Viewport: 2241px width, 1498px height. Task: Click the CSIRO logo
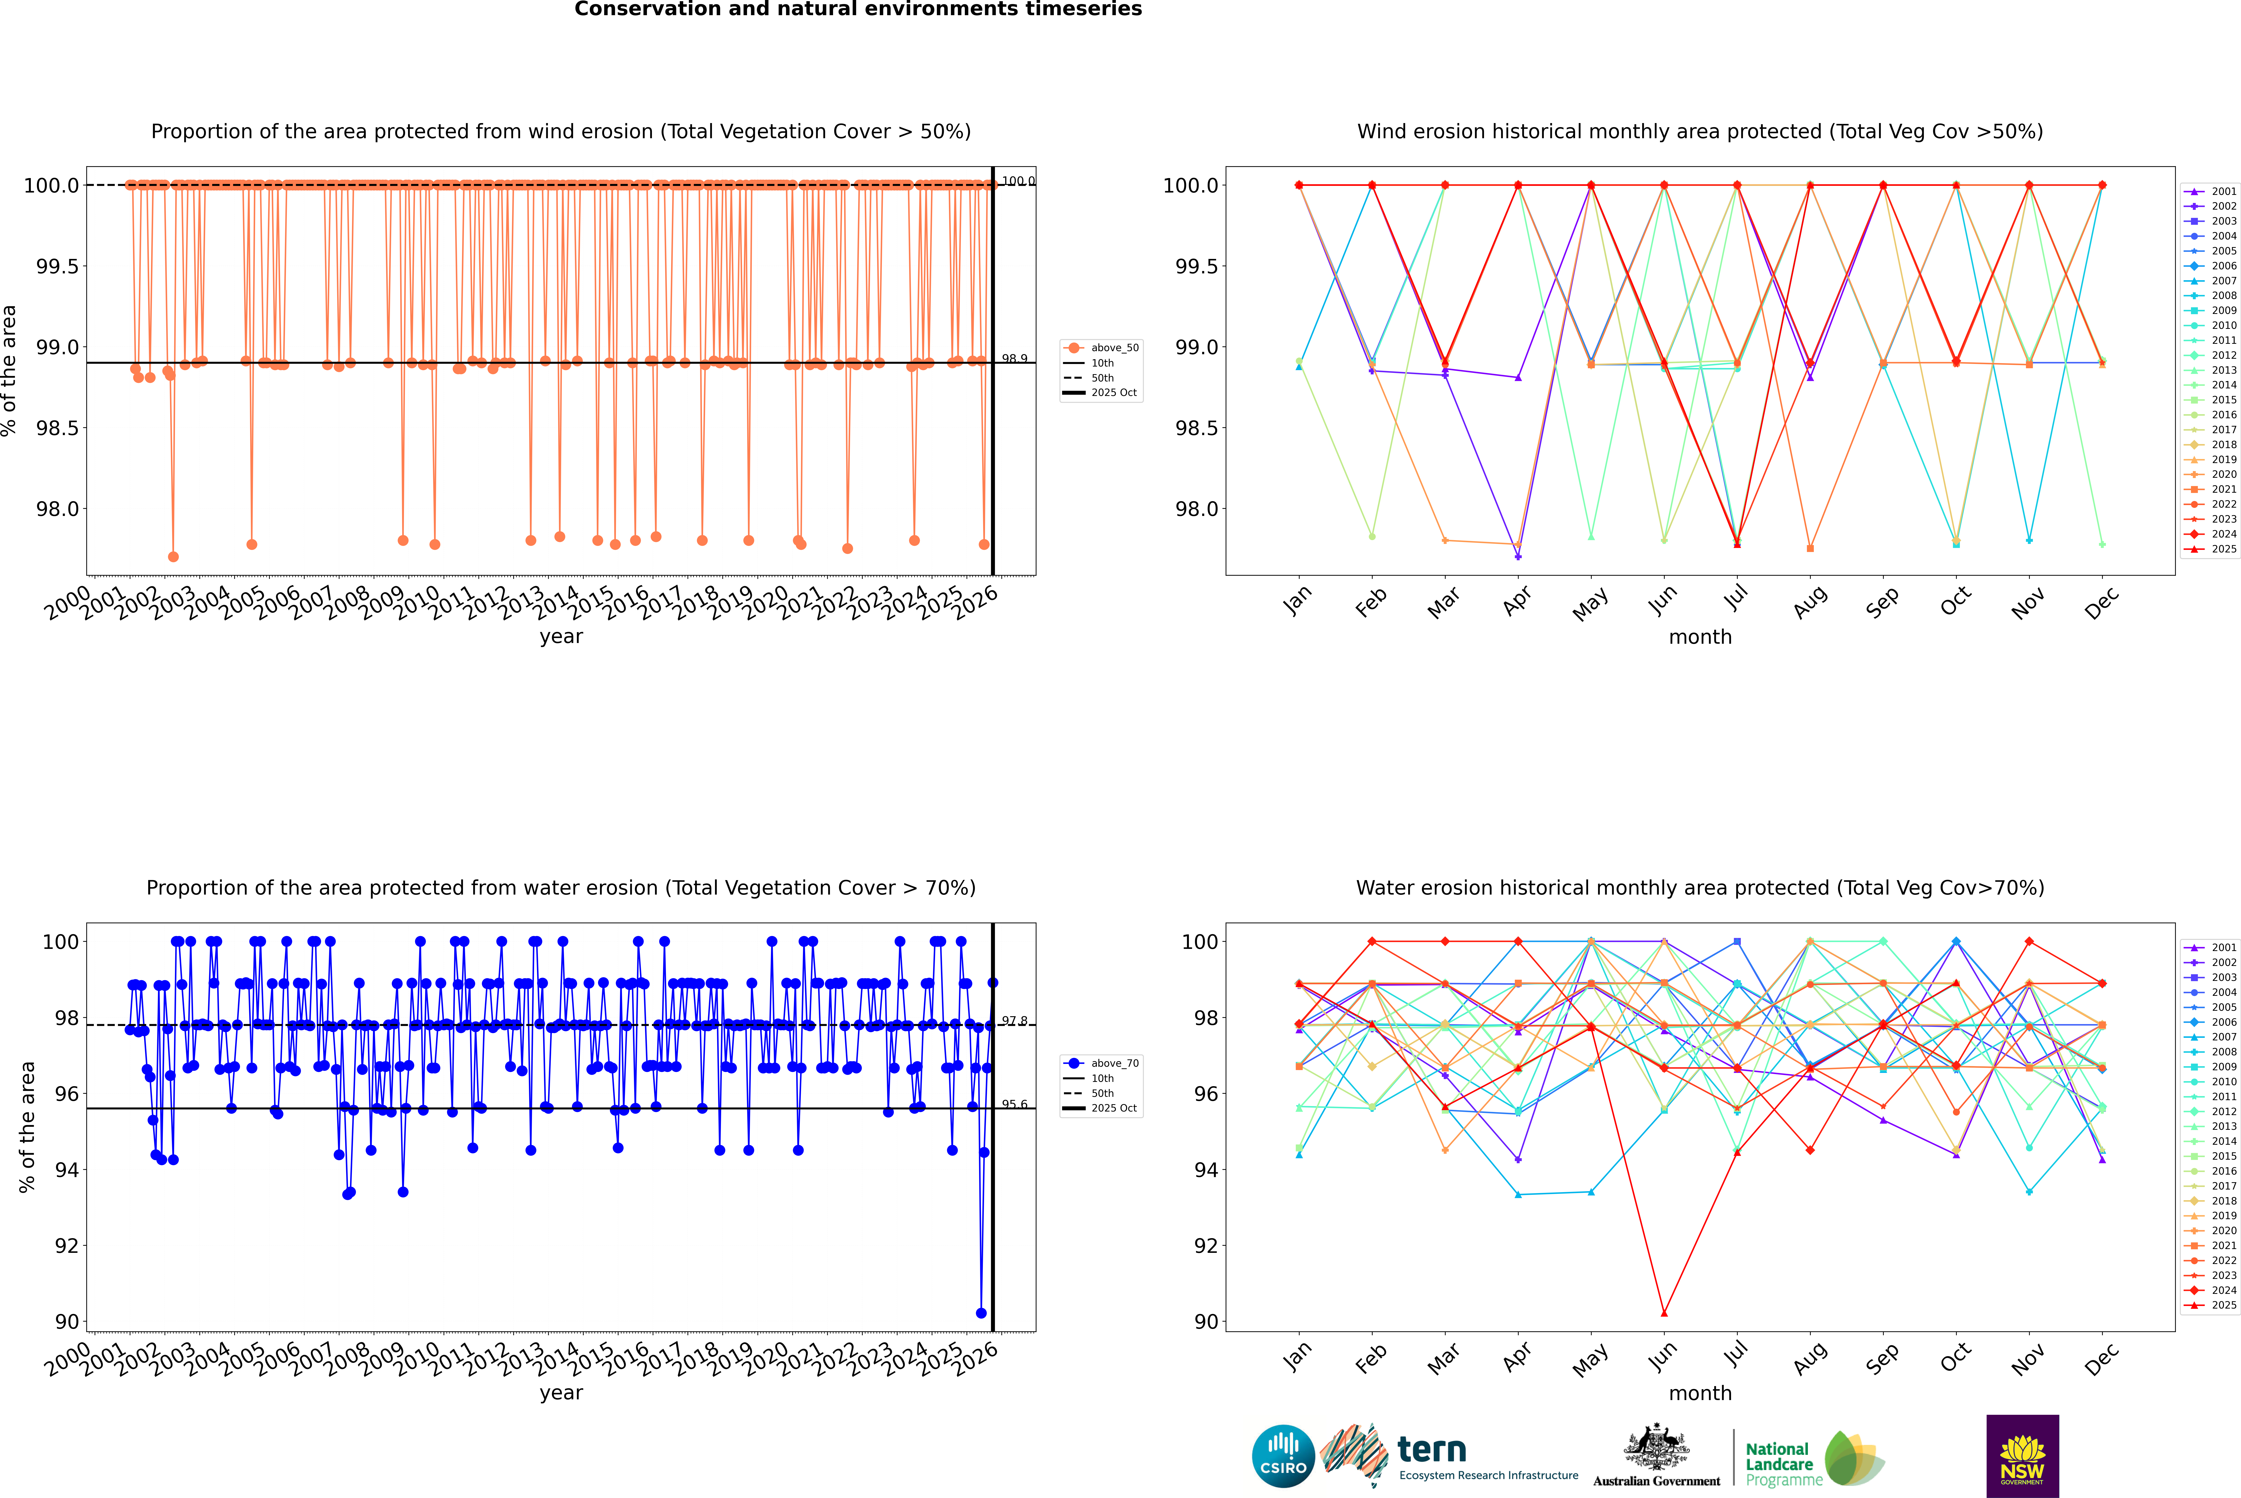[1283, 1456]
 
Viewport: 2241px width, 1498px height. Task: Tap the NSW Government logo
[2022, 1456]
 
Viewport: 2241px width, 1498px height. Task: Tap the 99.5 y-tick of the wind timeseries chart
[57, 267]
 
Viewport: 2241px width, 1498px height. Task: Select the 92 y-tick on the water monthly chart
[1206, 1246]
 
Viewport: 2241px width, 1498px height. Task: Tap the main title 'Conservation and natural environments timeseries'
[858, 9]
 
